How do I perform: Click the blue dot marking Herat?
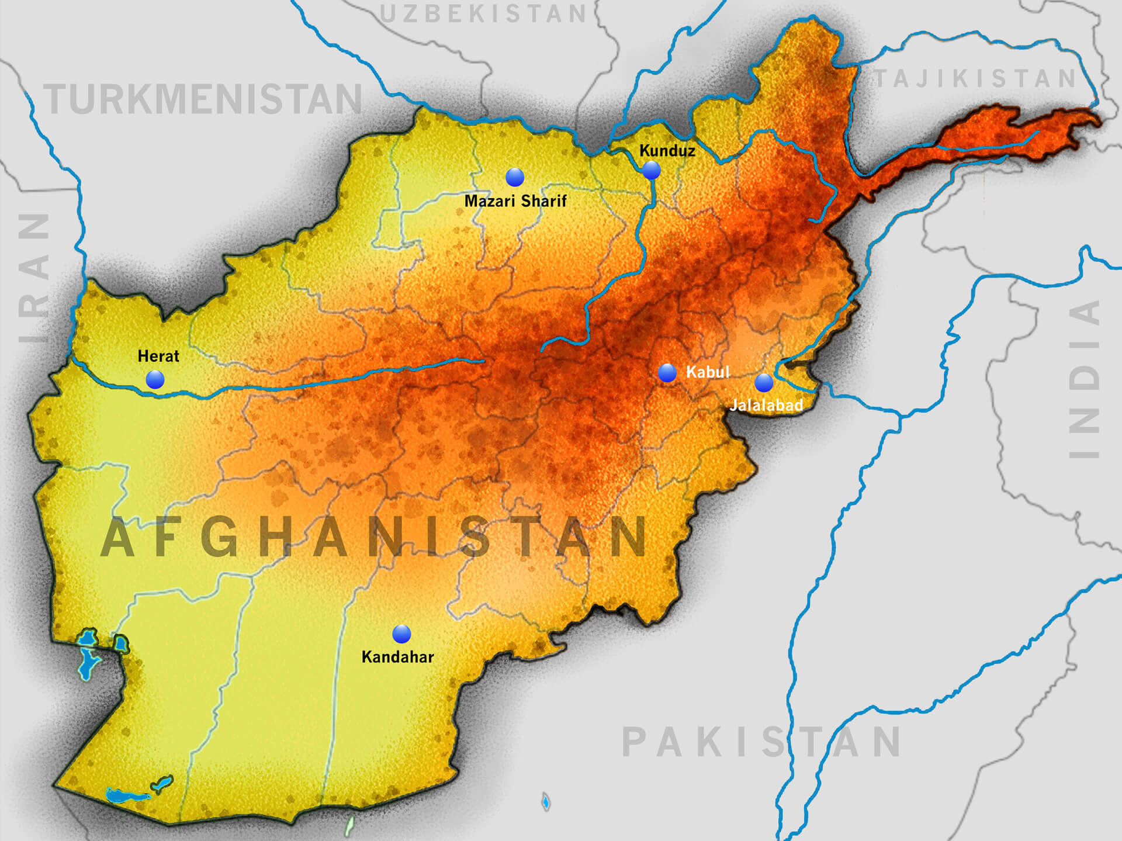(155, 379)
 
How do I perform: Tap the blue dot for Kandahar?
(401, 634)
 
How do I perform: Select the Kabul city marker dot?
(667, 372)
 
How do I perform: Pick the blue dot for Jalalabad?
(764, 383)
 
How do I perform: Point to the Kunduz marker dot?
(651, 170)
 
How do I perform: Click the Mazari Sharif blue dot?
(515, 176)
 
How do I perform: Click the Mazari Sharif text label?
(515, 201)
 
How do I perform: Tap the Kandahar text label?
(397, 657)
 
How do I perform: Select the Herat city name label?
(158, 356)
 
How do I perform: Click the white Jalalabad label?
(766, 404)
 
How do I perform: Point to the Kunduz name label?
(667, 151)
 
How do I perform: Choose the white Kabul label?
(708, 372)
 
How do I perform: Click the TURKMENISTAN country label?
(203, 99)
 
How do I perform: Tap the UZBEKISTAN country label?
(484, 14)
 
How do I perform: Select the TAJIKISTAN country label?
(975, 78)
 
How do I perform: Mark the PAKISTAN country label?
(761, 742)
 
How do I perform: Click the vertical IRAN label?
(34, 278)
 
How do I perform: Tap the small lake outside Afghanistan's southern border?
(546, 802)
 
